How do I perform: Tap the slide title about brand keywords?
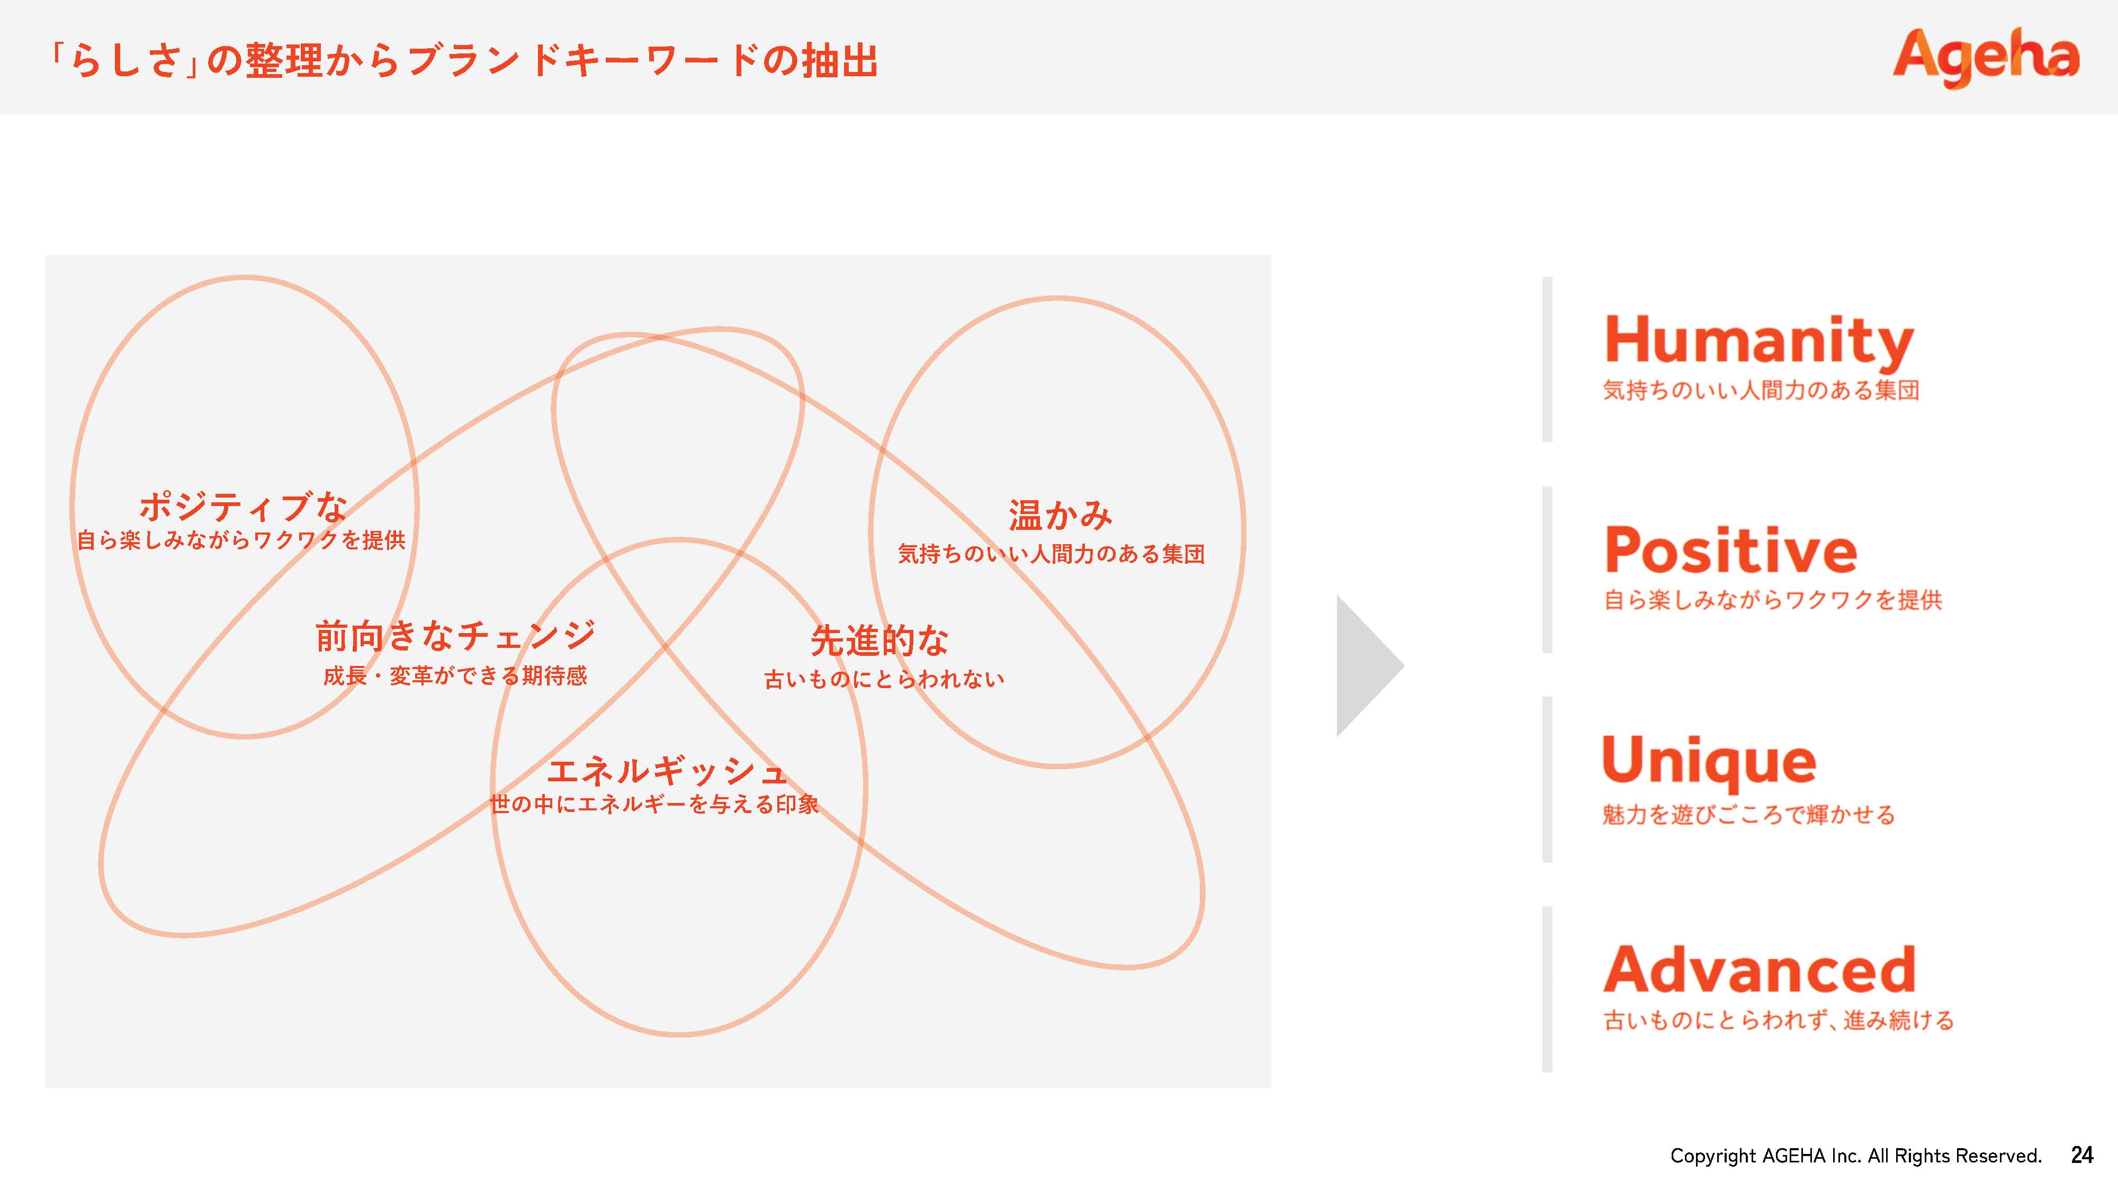[x=463, y=61]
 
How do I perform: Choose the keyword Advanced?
[x=1760, y=970]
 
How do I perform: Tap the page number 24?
[x=2082, y=1155]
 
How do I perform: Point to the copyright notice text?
[x=1856, y=1156]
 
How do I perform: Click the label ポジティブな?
[x=244, y=507]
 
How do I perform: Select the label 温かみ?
[x=1061, y=516]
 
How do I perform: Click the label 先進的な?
[x=879, y=641]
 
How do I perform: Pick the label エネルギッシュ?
[x=667, y=771]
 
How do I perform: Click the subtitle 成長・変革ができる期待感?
[x=455, y=675]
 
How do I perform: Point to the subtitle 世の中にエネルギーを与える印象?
[x=654, y=804]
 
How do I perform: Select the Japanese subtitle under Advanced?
[x=1779, y=1020]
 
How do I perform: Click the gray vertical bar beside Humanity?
[x=1547, y=359]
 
